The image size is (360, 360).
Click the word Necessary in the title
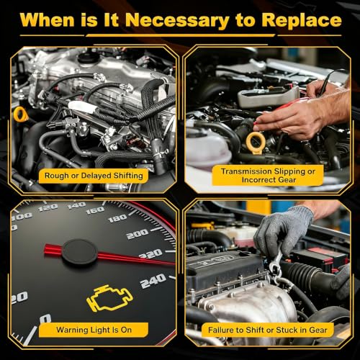click(x=177, y=20)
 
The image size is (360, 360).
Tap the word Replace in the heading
click(x=302, y=20)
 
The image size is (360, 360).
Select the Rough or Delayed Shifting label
click(x=94, y=176)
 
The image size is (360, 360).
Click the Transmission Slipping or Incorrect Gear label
click(x=268, y=176)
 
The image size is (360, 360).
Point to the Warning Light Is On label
click(x=94, y=330)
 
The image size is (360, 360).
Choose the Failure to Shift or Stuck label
click(x=268, y=330)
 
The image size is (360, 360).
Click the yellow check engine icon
click(x=109, y=298)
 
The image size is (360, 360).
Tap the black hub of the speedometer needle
click(x=80, y=253)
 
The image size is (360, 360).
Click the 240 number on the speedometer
click(x=153, y=280)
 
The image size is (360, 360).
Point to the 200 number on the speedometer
click(x=138, y=234)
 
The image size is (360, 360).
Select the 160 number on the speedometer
click(x=95, y=210)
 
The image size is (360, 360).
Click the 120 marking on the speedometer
click(x=48, y=208)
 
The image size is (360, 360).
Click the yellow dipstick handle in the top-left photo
click(x=21, y=114)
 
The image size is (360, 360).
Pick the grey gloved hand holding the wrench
click(x=283, y=230)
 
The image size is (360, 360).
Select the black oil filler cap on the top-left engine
click(x=87, y=58)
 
